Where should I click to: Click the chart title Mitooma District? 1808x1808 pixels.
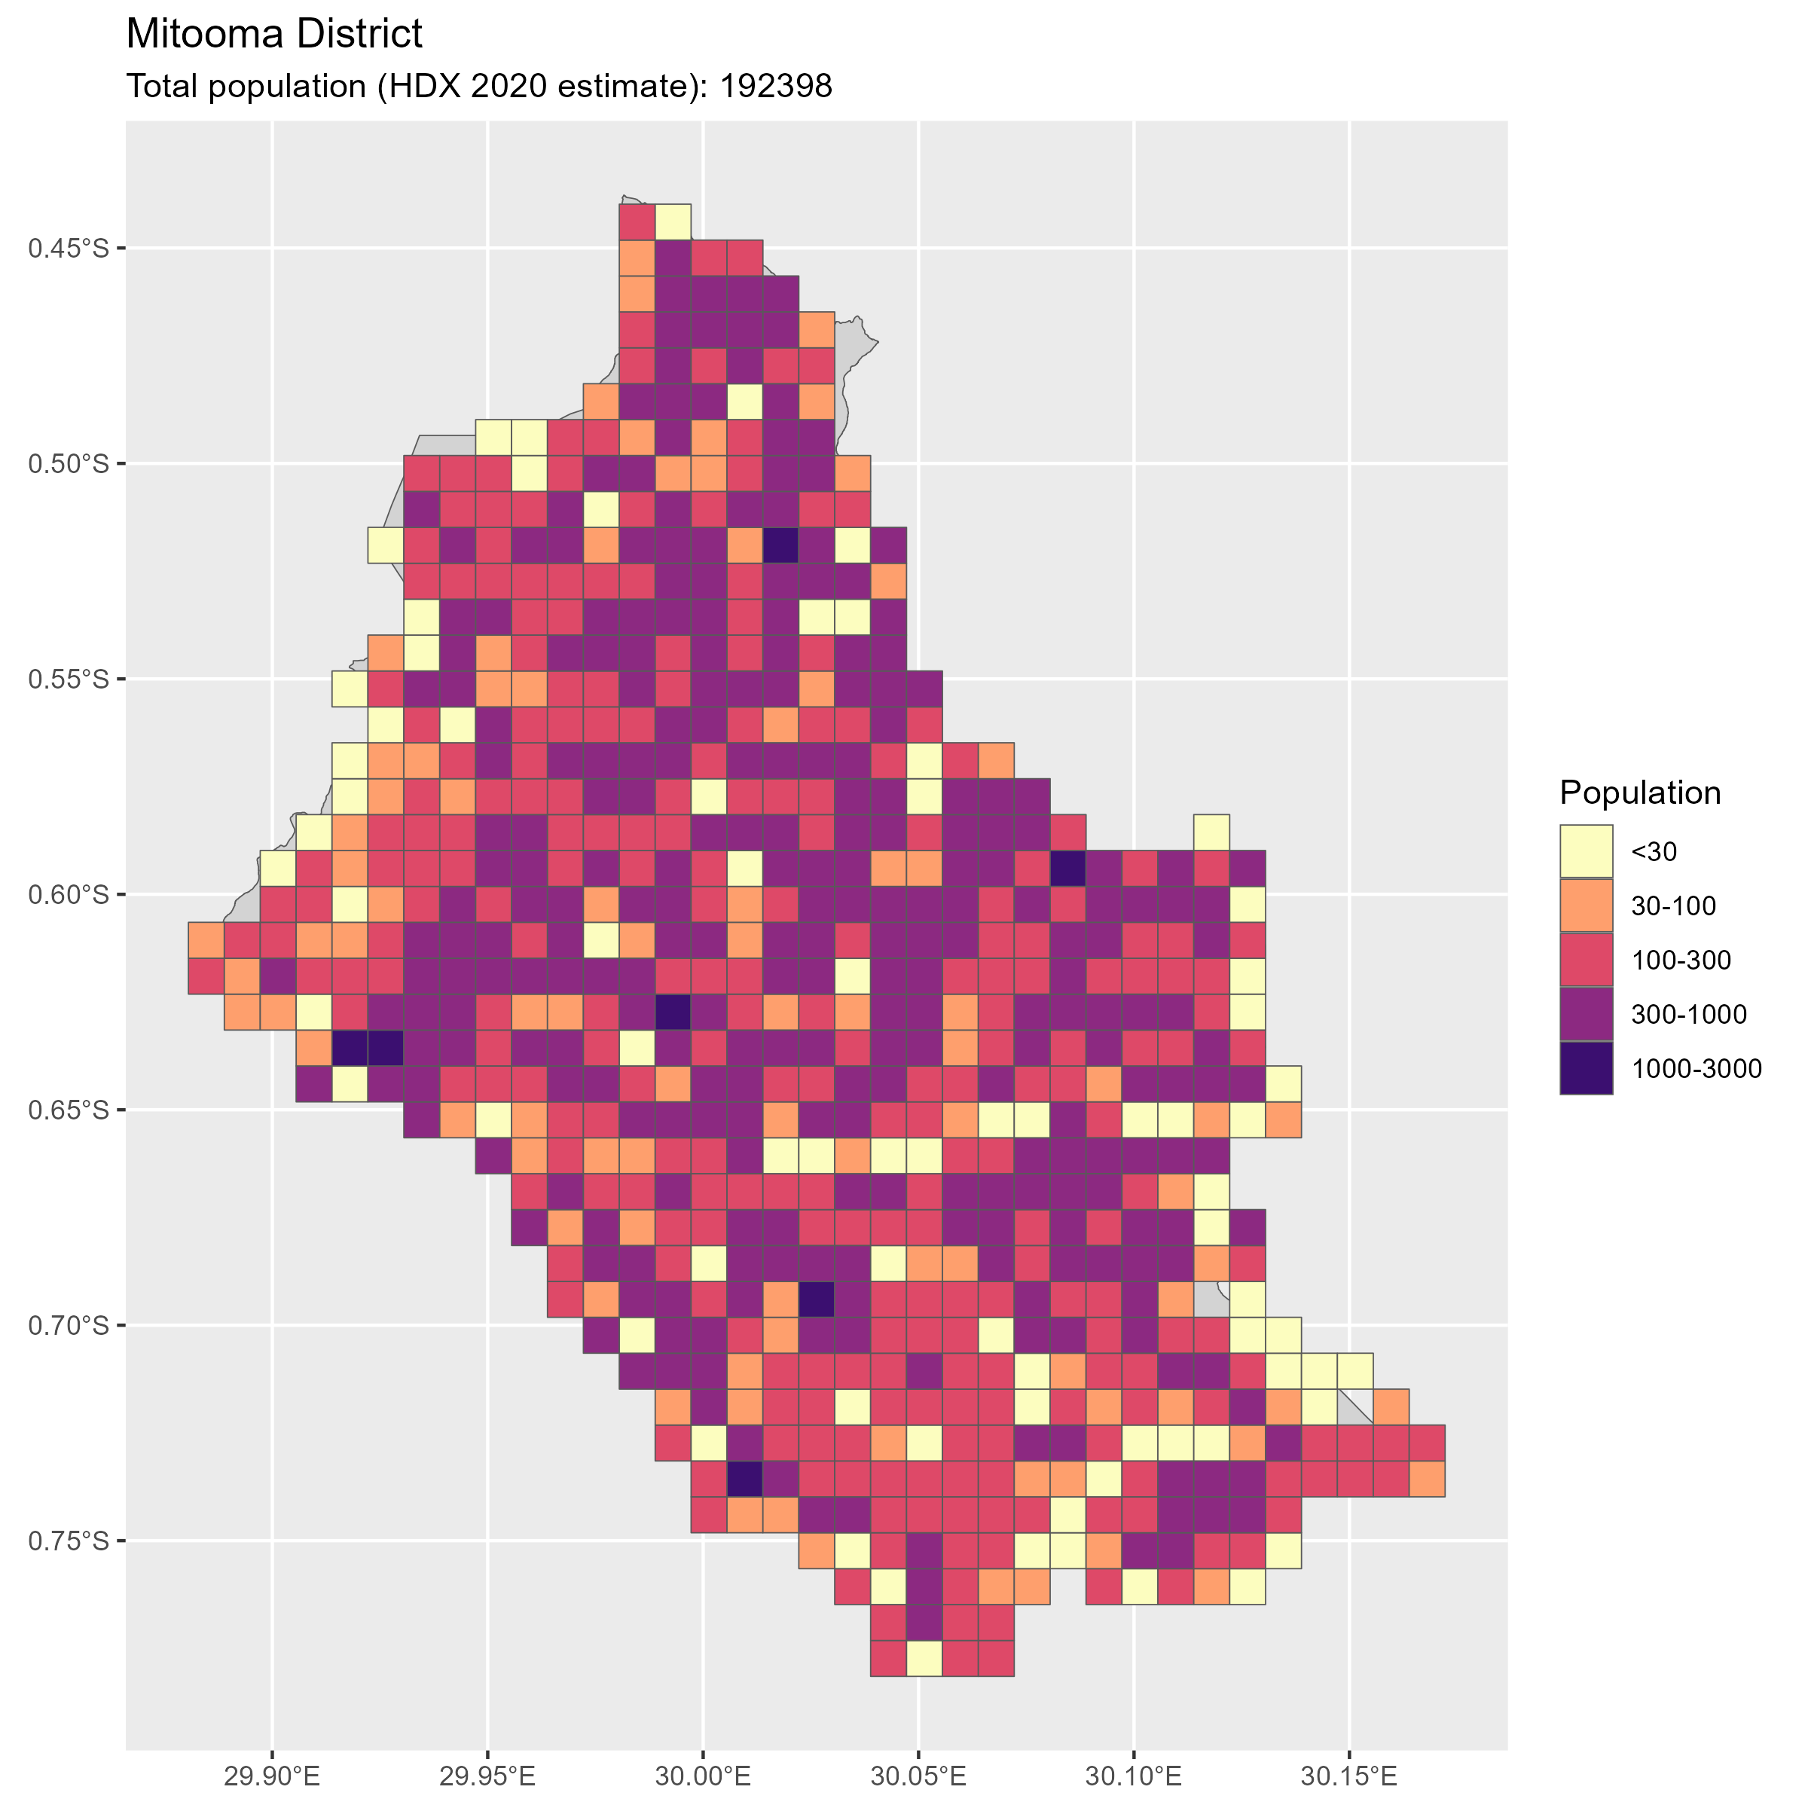pos(273,35)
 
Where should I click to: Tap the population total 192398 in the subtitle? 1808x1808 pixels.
pos(775,86)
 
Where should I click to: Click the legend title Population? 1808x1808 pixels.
pos(1639,793)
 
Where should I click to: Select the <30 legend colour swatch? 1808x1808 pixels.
pos(1587,851)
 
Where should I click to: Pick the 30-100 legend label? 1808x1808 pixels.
pos(1673,906)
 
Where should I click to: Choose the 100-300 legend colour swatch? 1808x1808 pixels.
pos(1587,959)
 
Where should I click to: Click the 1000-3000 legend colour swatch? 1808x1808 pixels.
pos(1587,1067)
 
